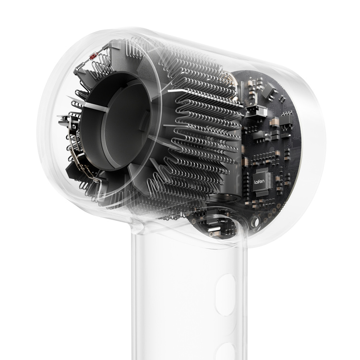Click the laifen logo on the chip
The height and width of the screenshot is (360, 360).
click(x=259, y=181)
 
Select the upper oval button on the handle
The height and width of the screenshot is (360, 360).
click(x=227, y=295)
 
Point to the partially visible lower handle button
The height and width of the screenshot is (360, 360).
click(x=227, y=351)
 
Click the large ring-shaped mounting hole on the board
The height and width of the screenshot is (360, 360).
click(x=254, y=222)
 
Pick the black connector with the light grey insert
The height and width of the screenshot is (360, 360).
click(x=256, y=111)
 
